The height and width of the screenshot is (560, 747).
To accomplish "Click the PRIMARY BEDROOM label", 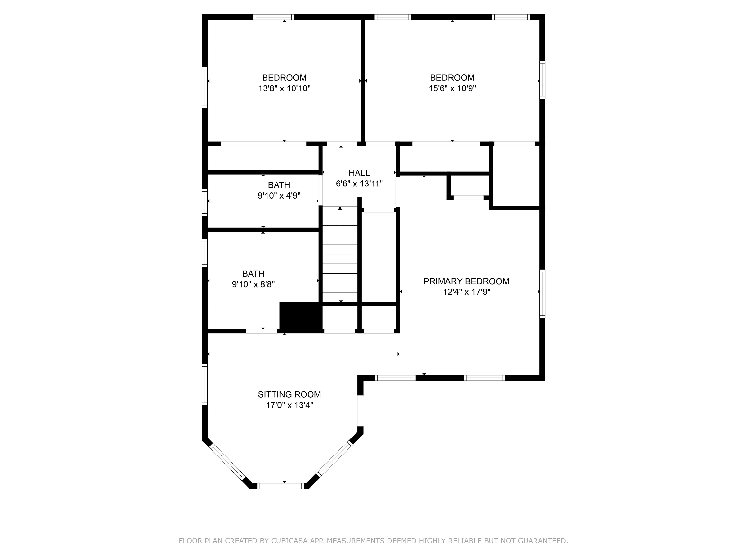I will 466,281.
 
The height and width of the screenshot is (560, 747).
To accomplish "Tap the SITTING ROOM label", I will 289,394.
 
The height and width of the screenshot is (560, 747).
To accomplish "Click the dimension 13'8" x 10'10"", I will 284,88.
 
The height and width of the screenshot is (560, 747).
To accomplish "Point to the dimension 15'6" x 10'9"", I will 452,88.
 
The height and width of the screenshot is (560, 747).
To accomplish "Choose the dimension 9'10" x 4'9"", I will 279,196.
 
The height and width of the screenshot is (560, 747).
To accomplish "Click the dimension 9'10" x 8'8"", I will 253,284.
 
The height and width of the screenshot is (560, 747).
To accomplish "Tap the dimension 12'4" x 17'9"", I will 466,292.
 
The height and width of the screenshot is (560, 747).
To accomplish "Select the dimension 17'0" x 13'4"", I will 289,405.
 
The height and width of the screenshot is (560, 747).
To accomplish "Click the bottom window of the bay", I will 281,486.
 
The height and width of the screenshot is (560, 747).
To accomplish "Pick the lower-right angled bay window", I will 334,459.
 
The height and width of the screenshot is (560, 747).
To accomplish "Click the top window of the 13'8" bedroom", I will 274,17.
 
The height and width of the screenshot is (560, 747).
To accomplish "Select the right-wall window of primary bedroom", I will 542,294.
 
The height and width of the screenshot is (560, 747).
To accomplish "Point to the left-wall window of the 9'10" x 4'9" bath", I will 205,202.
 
